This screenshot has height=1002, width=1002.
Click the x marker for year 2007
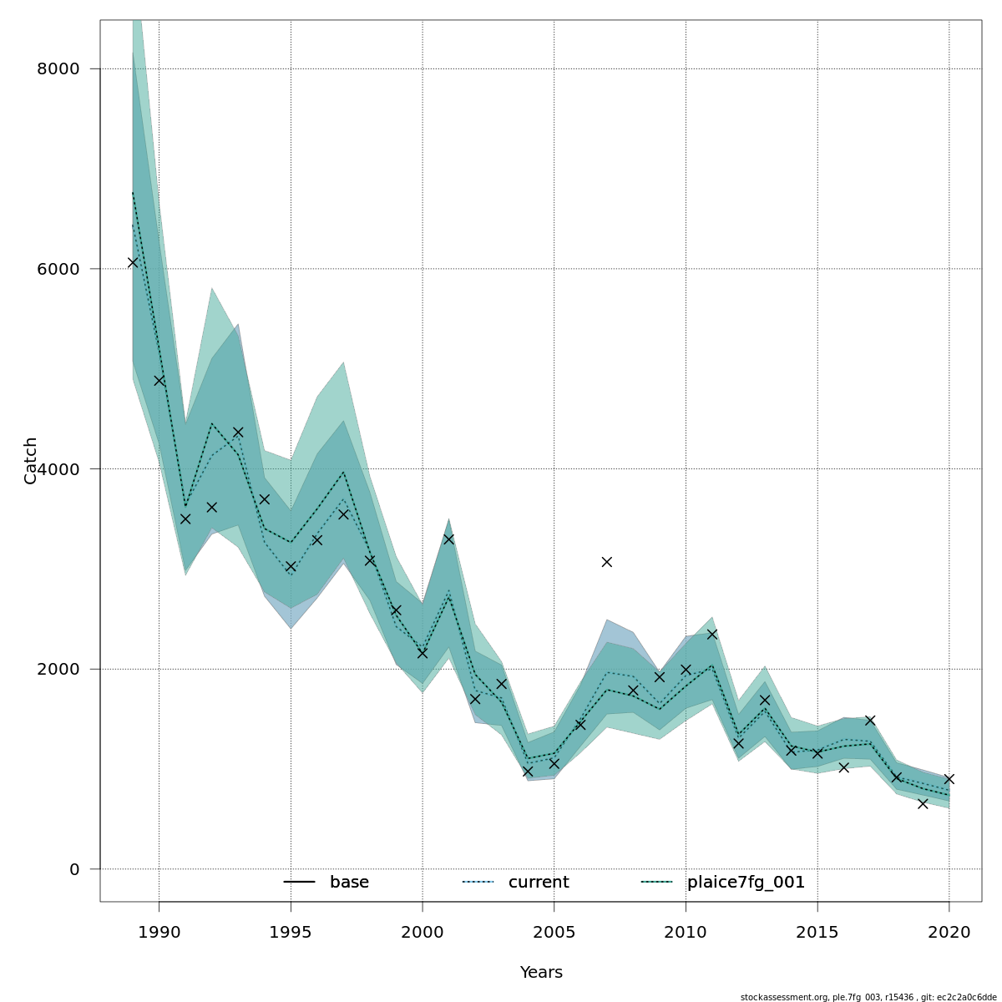(x=607, y=562)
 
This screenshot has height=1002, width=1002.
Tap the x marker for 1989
(x=133, y=262)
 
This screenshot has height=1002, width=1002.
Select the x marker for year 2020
(x=949, y=779)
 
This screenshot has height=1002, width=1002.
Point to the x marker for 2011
(x=712, y=635)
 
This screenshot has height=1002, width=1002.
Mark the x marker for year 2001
(x=448, y=539)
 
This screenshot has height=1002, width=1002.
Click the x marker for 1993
(x=238, y=433)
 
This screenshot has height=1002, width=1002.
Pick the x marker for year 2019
(x=923, y=803)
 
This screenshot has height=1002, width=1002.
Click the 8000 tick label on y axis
(x=58, y=68)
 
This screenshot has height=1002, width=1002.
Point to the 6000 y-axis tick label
(x=58, y=269)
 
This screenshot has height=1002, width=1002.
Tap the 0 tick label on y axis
(x=74, y=869)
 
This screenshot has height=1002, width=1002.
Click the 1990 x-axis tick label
(x=159, y=932)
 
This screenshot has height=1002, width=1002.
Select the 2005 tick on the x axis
(x=554, y=932)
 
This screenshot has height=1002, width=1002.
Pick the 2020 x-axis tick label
(x=949, y=932)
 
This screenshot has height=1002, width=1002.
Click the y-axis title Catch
(x=31, y=460)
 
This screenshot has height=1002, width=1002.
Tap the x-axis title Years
(x=541, y=973)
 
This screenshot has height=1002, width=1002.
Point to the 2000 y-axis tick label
(x=58, y=669)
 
